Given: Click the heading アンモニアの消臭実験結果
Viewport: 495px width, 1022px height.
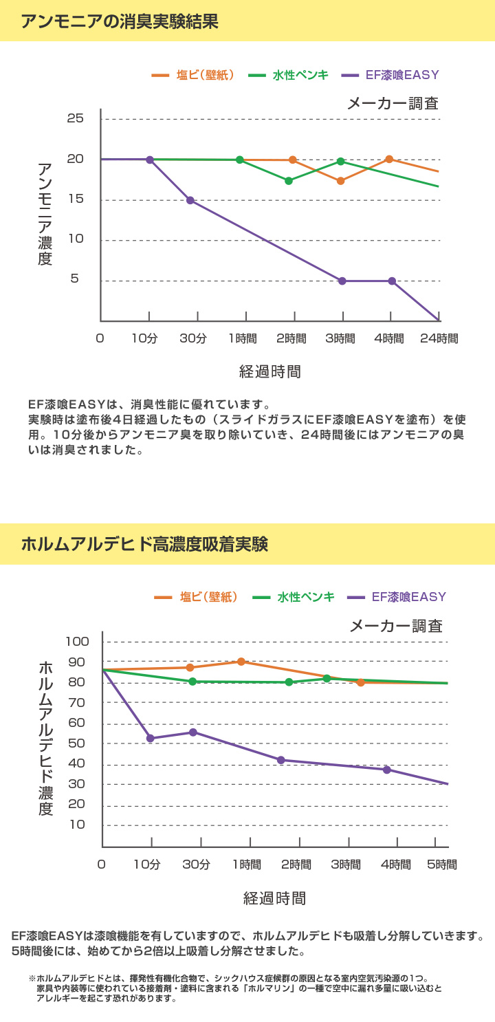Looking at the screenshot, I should [x=120, y=21].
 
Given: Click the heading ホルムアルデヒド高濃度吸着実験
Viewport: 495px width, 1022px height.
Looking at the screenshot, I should [x=144, y=545].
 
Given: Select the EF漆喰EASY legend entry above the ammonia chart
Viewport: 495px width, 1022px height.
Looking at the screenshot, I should [x=401, y=76].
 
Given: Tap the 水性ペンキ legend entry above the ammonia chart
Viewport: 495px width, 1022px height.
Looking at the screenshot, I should [x=300, y=76].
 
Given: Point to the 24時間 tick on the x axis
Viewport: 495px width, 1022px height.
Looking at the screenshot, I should [x=439, y=338].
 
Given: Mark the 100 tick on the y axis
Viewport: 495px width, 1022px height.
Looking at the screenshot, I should [x=78, y=642].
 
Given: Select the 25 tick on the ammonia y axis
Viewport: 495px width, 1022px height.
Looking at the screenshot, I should [x=76, y=119].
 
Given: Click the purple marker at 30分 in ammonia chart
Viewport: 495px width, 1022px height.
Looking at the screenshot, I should [x=190, y=200].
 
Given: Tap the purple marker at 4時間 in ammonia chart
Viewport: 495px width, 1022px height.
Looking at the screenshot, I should [x=392, y=281].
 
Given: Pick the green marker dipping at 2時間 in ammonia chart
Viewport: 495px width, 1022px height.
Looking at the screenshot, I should [x=289, y=181].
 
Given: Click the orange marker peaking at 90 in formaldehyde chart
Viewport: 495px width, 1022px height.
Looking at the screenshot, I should [x=241, y=662].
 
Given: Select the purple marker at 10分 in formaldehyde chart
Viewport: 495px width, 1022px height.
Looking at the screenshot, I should [x=151, y=738].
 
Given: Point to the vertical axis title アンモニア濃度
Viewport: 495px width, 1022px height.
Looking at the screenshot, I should [x=45, y=214].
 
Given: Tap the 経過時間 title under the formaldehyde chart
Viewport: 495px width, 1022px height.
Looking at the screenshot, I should [x=274, y=898].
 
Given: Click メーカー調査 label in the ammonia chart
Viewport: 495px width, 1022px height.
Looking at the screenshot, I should [x=393, y=104].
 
